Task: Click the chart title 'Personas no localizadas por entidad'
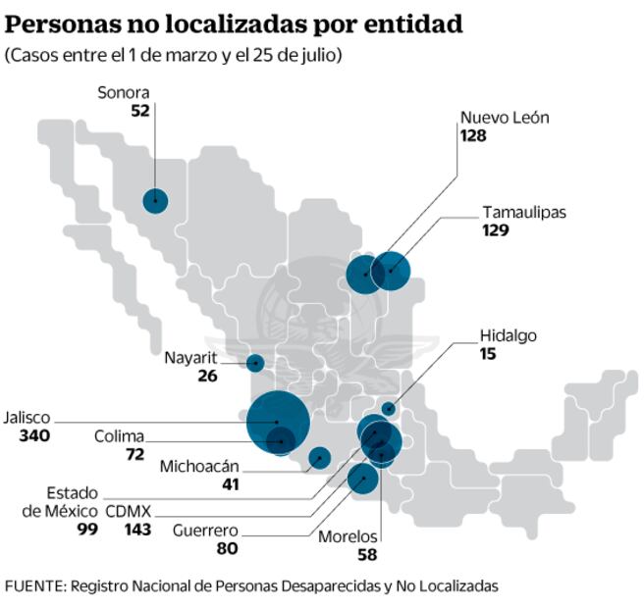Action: click(234, 25)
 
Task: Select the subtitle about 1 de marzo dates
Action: click(174, 56)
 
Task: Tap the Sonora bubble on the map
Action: click(155, 201)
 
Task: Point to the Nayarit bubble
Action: click(255, 363)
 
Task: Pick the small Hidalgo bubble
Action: click(389, 409)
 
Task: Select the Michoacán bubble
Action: click(319, 457)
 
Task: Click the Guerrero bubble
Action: click(363, 479)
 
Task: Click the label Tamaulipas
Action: click(524, 212)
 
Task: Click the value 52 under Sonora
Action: click(139, 111)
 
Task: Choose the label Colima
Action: click(119, 436)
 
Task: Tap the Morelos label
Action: click(348, 536)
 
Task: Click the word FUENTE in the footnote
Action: click(33, 585)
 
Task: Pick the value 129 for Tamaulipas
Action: click(497, 230)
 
